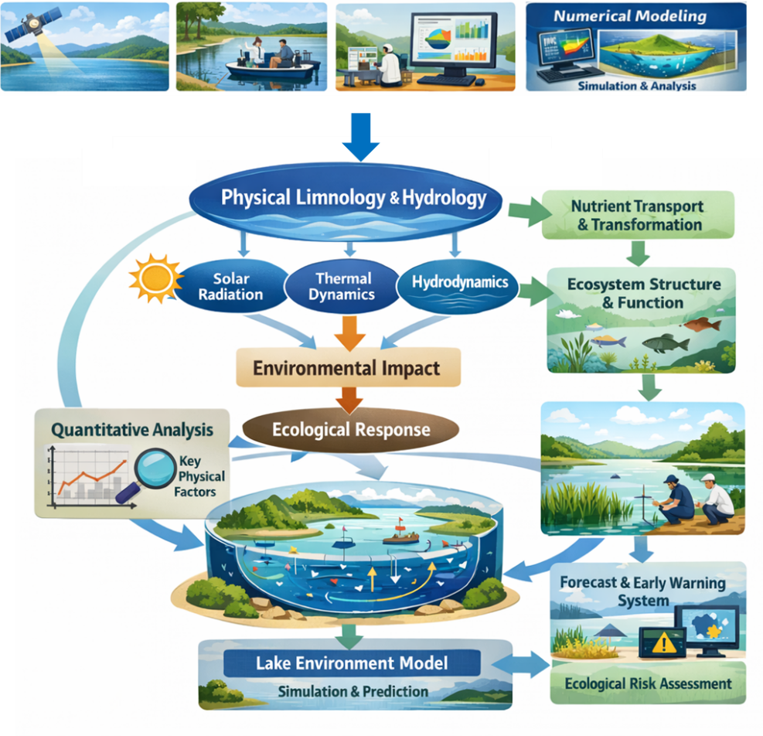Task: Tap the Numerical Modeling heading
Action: click(x=630, y=15)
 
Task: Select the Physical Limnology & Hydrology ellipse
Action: click(x=353, y=198)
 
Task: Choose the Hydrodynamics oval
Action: click(x=459, y=283)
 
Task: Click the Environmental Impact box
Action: click(x=347, y=367)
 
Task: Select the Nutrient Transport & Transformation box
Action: click(x=638, y=215)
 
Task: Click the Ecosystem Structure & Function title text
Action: click(x=644, y=292)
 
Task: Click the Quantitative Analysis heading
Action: click(x=131, y=429)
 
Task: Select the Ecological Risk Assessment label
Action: click(x=648, y=683)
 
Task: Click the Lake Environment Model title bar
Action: click(x=352, y=663)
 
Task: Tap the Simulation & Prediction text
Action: click(x=353, y=691)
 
